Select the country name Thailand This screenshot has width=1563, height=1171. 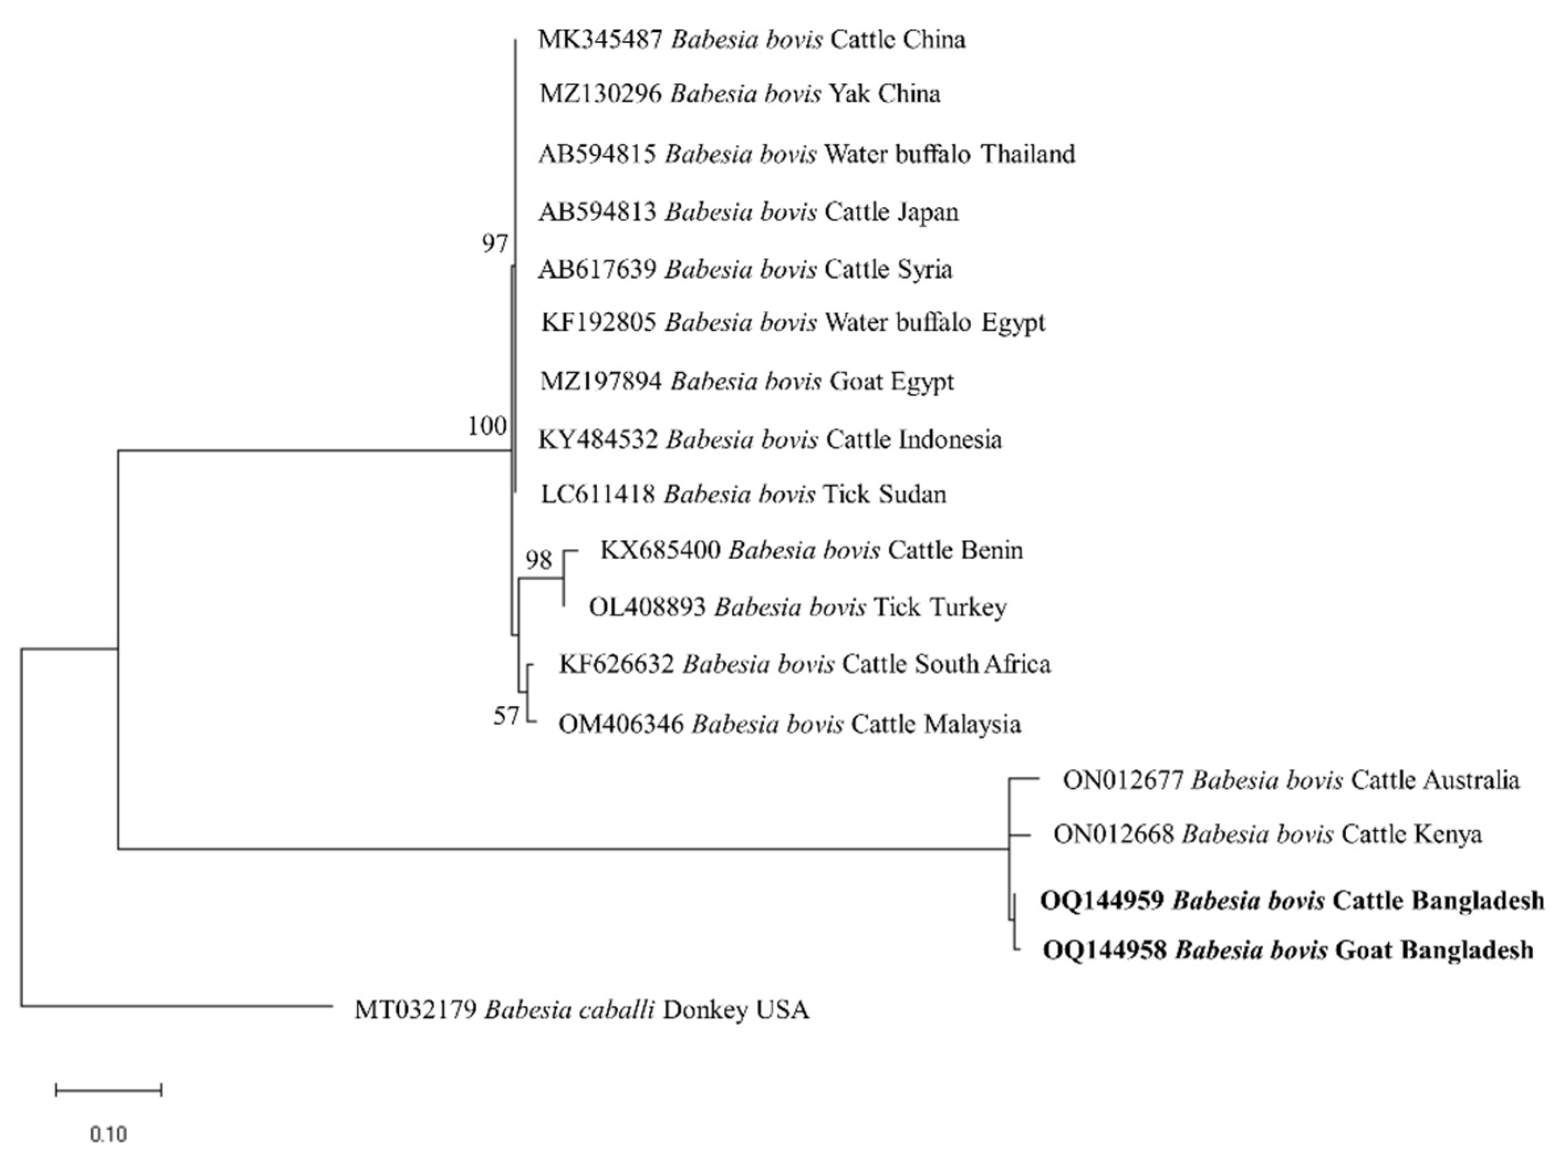[1028, 154]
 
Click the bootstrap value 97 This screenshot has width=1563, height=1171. [494, 244]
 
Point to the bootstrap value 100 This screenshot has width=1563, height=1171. [487, 425]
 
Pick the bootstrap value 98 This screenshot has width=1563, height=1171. [539, 560]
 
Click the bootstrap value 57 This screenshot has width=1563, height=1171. [506, 716]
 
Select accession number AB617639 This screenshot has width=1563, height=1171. [597, 269]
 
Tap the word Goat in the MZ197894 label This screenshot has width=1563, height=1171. [856, 382]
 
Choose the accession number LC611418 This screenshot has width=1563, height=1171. [598, 494]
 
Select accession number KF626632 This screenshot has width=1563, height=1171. [616, 664]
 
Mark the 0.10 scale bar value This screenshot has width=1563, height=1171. [108, 1134]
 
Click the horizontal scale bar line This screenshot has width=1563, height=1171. [108, 1090]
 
